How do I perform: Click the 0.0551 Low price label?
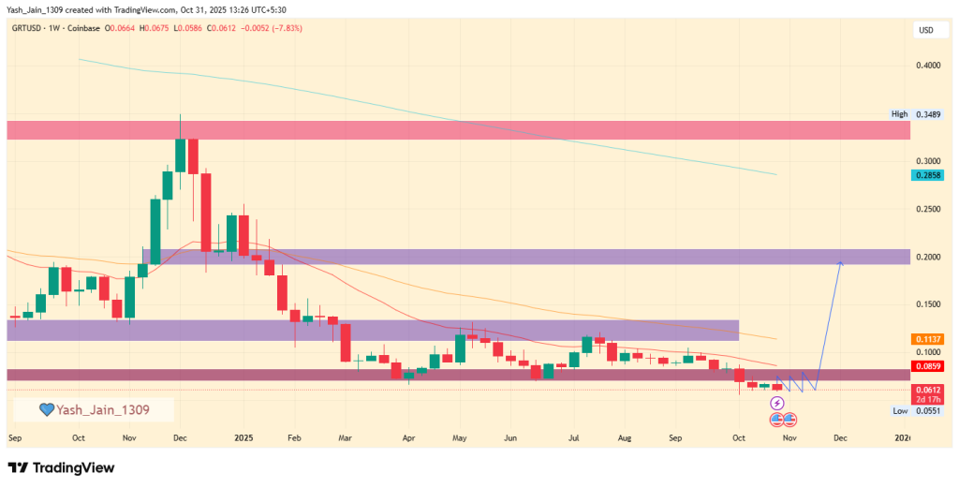coord(925,410)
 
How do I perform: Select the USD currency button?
coord(925,31)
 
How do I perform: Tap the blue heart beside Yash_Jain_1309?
coord(46,409)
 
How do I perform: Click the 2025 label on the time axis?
coord(243,437)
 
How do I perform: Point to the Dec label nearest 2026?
coord(839,437)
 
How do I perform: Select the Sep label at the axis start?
coord(14,437)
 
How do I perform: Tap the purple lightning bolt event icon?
coord(776,403)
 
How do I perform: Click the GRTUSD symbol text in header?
coord(31,28)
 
